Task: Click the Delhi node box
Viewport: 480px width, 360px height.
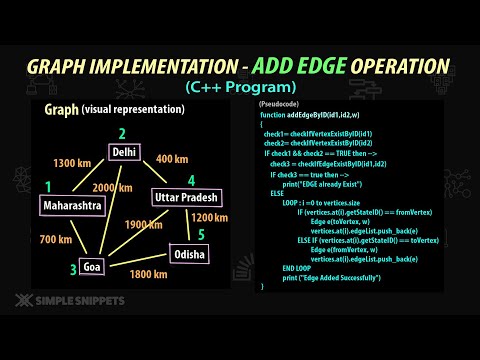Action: click(x=125, y=153)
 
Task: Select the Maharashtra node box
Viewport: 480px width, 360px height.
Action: click(x=73, y=206)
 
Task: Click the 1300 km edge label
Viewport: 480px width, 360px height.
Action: click(x=72, y=163)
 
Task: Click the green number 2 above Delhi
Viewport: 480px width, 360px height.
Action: click(x=122, y=133)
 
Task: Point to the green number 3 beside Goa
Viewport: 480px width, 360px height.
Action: click(x=72, y=268)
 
